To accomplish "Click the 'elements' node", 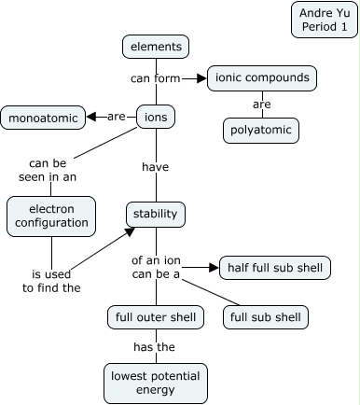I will [x=156, y=46].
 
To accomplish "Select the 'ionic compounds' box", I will [x=261, y=77].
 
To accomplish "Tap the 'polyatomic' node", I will [x=261, y=130].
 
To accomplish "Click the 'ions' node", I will [x=155, y=118].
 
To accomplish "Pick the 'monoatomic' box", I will [x=43, y=118].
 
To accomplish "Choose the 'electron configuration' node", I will [x=52, y=216].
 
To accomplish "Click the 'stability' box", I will [x=156, y=214].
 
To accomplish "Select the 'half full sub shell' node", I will [x=274, y=269].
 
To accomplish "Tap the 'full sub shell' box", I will [x=266, y=317].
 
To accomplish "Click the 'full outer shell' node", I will [x=156, y=317].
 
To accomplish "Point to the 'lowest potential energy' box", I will [x=156, y=383].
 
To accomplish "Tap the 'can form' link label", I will [x=155, y=78].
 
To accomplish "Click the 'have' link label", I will [x=155, y=167].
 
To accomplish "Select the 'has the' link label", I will [x=155, y=347].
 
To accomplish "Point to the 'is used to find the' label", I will [x=51, y=281].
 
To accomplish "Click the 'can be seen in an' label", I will [x=52, y=167].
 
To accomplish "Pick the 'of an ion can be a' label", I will [x=156, y=268].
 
